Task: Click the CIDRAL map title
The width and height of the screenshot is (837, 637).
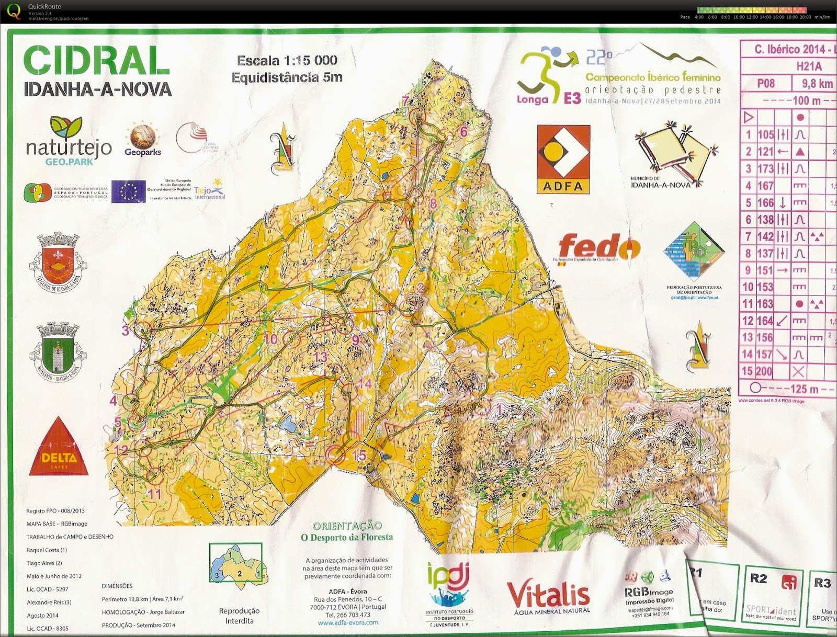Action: point(97,61)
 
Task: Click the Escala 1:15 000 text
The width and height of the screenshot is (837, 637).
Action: point(287,61)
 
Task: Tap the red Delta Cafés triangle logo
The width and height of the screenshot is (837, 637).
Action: point(59,448)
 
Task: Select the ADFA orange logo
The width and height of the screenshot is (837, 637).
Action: point(563,159)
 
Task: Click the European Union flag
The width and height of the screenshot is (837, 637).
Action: point(128,191)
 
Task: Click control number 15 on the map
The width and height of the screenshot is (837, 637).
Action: point(359,456)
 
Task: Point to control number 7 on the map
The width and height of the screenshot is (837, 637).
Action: point(405,101)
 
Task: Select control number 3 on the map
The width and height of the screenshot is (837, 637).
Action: point(126,331)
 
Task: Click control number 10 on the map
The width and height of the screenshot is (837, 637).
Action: point(270,339)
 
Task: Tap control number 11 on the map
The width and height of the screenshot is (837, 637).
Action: point(155,494)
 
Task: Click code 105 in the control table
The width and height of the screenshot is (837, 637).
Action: point(765,134)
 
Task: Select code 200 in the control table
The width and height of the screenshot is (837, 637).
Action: point(764,371)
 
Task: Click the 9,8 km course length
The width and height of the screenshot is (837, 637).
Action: point(817,84)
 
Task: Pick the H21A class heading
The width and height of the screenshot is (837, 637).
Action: point(809,66)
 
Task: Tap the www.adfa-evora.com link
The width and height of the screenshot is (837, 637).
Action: point(348,623)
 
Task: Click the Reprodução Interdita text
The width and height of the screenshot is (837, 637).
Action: point(239,616)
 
